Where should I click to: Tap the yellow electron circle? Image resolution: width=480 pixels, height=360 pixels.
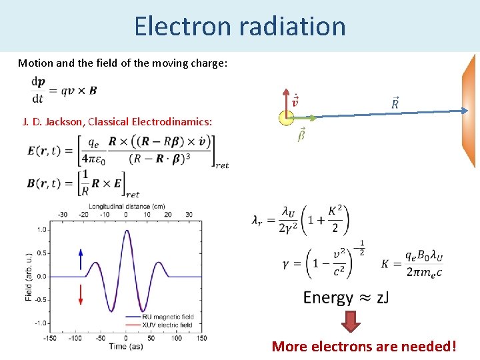click(x=286, y=117)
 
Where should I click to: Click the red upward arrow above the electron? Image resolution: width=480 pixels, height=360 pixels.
click(x=286, y=100)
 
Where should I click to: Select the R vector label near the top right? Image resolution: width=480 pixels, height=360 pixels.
click(x=395, y=103)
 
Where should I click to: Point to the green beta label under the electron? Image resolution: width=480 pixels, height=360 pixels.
click(x=301, y=135)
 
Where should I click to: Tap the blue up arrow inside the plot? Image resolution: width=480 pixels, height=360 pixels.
click(x=81, y=259)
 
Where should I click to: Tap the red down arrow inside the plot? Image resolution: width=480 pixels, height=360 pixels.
click(x=81, y=293)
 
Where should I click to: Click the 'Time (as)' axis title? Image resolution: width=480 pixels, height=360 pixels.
click(x=129, y=347)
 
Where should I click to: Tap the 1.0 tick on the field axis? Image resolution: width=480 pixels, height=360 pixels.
click(x=42, y=230)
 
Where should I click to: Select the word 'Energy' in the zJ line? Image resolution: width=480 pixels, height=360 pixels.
click(x=328, y=297)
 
